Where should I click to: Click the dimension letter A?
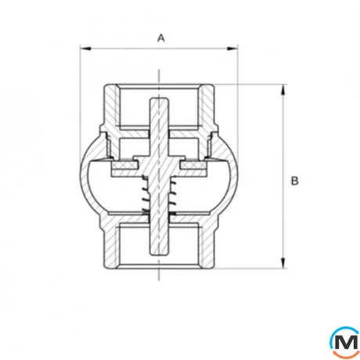pyautogui.click(x=161, y=37)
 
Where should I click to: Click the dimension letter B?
pyautogui.click(x=295, y=182)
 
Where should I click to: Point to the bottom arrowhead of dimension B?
pyautogui.click(x=282, y=267)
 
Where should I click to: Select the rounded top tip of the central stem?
pyautogui.click(x=158, y=99)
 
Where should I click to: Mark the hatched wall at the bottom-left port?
pyautogui.click(x=110, y=247)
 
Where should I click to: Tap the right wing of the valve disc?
pyautogui.click(x=195, y=167)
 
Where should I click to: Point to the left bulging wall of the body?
pyautogui.click(x=85, y=177)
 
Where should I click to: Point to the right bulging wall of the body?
pyautogui.click(x=231, y=177)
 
